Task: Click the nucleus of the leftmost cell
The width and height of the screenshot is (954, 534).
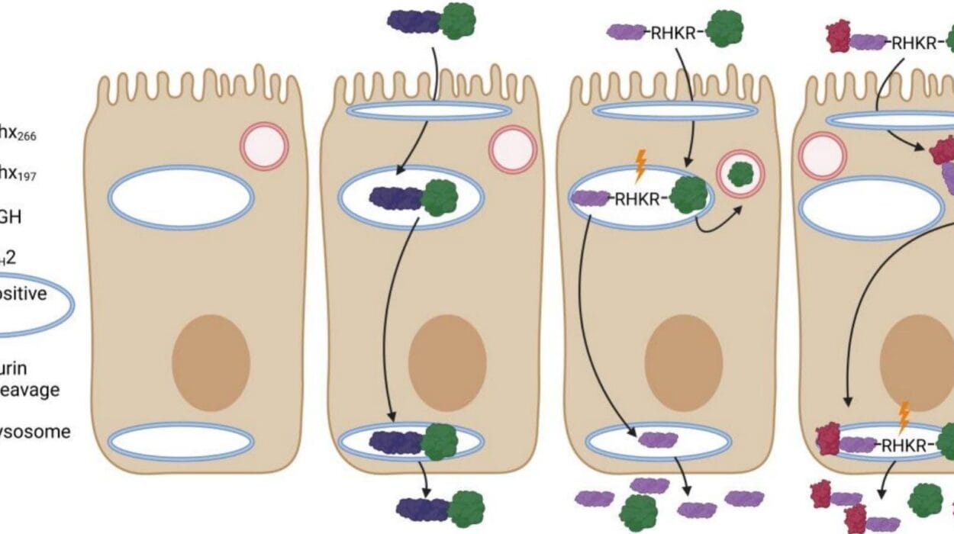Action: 211,359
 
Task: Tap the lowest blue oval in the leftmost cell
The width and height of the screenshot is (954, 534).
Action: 181,442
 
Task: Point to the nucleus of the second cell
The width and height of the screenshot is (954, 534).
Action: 447,359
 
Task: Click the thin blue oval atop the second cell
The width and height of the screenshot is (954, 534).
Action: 428,111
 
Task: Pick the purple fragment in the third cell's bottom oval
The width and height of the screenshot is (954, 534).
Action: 658,439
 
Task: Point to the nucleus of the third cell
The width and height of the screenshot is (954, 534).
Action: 683,359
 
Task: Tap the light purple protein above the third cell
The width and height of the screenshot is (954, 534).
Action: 626,31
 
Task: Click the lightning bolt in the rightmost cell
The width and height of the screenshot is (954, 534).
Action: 904,417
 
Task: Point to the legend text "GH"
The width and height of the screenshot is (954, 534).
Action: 11,217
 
